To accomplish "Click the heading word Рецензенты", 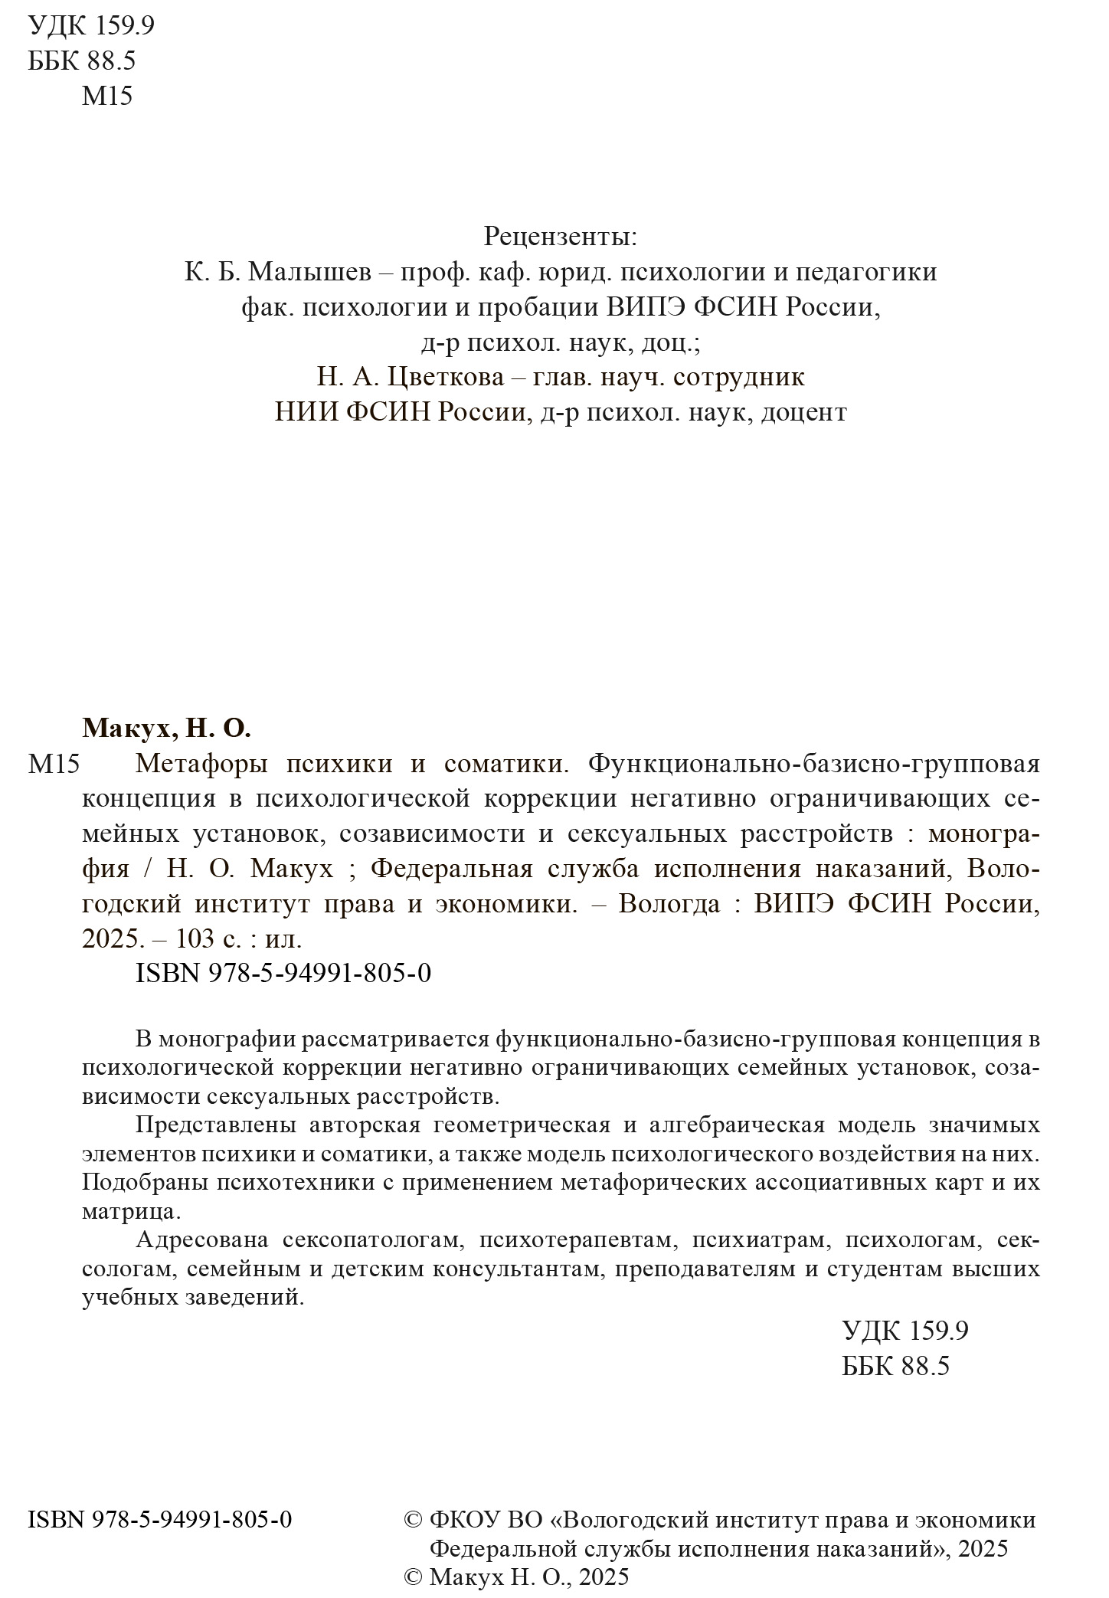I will pyautogui.click(x=559, y=237).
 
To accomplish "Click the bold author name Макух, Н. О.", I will pyautogui.click(x=166, y=729).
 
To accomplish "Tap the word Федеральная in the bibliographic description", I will pyautogui.click(x=451, y=869).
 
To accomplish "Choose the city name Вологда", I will pyautogui.click(x=669, y=905).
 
